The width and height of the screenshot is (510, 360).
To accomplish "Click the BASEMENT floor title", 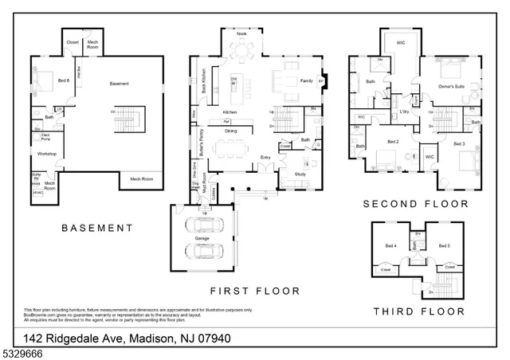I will (97, 228).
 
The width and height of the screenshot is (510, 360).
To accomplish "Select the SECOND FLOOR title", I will (415, 204).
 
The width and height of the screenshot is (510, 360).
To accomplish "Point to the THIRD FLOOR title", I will (418, 311).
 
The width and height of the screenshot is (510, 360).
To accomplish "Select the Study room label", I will (300, 174).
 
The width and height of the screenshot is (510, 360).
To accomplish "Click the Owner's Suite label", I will (452, 86).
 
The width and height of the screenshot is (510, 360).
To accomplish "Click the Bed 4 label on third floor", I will (390, 246).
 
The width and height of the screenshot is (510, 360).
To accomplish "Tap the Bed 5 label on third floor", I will (445, 246).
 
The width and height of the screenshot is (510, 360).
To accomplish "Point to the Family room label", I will (306, 81).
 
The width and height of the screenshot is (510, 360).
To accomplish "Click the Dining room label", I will (230, 131).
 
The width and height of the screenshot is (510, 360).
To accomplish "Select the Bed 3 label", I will (459, 143).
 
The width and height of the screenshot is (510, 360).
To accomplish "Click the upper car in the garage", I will (202, 225).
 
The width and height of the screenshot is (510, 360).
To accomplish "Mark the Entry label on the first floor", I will (265, 158).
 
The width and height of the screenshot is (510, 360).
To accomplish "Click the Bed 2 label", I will (392, 142).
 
